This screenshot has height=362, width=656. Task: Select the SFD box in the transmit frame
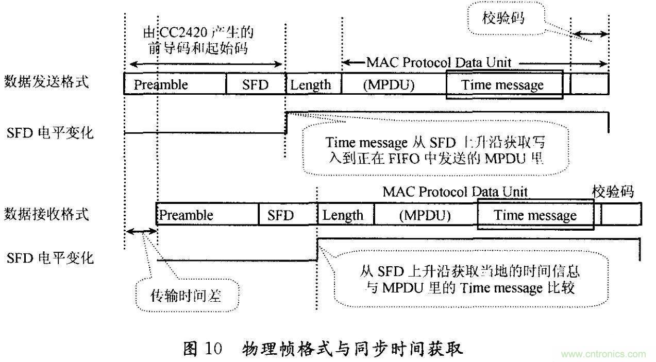(x=256, y=84)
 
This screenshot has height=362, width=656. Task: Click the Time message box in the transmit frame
(x=504, y=84)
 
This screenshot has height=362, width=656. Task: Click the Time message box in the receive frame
(x=535, y=215)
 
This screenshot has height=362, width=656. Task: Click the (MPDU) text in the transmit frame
(x=389, y=84)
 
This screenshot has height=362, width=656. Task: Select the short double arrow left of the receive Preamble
(x=141, y=232)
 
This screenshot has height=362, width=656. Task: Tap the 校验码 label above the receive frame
(x=613, y=192)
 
